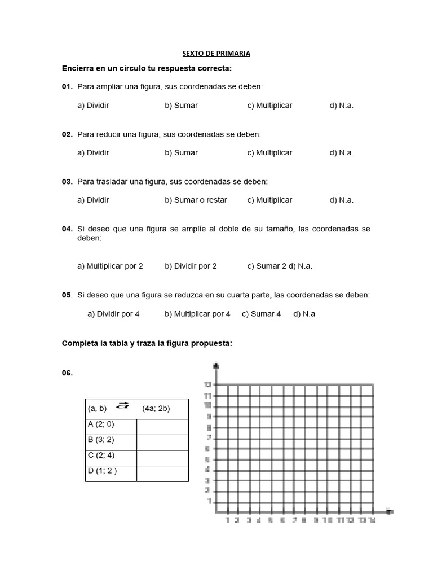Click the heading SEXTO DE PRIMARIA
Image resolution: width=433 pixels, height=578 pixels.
[216, 54]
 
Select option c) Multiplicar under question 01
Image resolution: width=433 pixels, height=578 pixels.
[269, 106]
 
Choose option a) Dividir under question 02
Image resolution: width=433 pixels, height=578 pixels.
[93, 152]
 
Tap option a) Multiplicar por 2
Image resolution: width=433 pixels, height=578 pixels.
[110, 266]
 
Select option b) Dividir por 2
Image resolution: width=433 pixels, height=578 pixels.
[191, 266]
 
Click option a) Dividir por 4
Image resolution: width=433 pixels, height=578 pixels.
[113, 314]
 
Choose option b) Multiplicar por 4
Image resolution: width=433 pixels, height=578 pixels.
[197, 314]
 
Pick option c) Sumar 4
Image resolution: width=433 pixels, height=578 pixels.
[261, 314]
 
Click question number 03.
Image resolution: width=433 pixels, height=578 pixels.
[67, 182]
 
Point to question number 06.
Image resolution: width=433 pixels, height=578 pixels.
[67, 373]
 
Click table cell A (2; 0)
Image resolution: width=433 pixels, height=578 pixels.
[100, 424]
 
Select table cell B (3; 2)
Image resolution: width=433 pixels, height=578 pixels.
[100, 440]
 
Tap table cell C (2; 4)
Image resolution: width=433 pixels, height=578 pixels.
[100, 456]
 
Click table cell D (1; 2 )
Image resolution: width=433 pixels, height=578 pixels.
[102, 471]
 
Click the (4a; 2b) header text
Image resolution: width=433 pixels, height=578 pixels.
[156, 409]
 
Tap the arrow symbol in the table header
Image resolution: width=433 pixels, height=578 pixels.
[122, 406]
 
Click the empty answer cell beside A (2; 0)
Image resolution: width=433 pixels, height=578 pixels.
[162, 427]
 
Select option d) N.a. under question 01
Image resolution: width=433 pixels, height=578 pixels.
[342, 106]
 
